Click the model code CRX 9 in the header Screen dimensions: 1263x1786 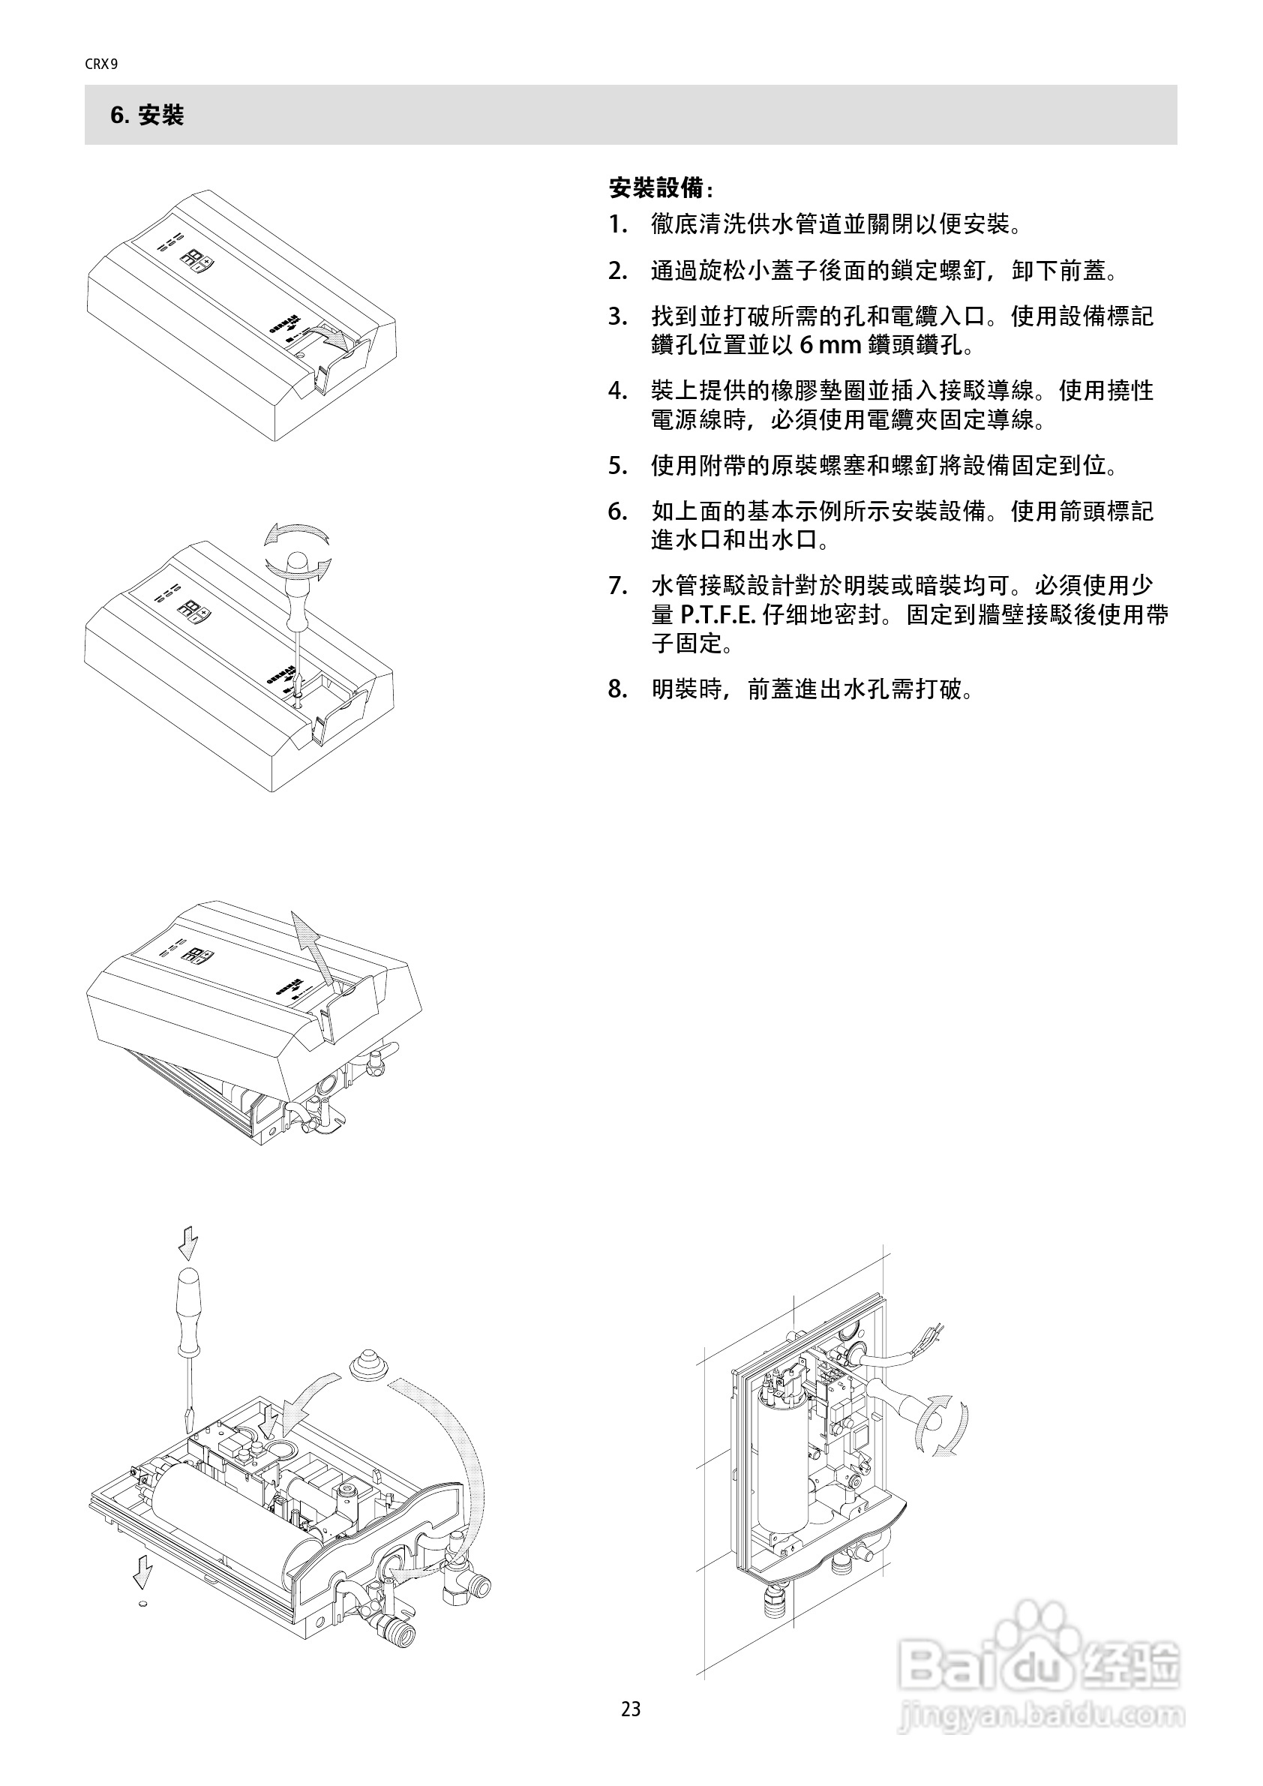pos(101,65)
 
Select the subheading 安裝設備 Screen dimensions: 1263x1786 pos(660,188)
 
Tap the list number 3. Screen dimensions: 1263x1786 pos(617,317)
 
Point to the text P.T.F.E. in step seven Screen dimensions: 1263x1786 pos(718,615)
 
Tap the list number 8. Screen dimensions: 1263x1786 pos(617,689)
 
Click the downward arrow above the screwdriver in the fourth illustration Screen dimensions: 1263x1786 pos(187,1244)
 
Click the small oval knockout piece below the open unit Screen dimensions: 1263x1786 pos(142,1604)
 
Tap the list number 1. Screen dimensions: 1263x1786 pos(617,226)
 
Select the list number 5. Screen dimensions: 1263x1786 pos(617,466)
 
